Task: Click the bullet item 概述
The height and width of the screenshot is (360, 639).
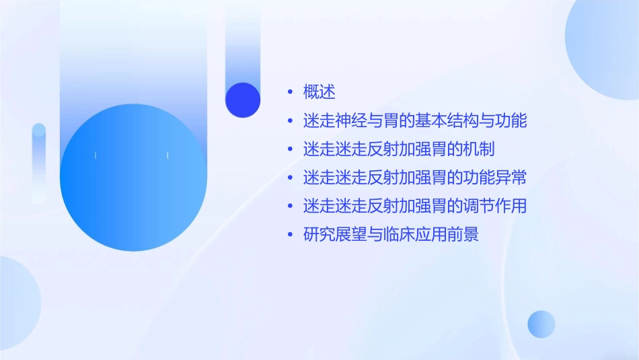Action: pyautogui.click(x=319, y=92)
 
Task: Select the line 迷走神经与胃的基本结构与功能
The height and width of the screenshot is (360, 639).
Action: pyautogui.click(x=414, y=121)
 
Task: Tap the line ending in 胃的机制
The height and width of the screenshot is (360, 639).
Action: pyautogui.click(x=399, y=149)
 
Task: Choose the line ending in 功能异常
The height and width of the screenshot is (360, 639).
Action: pyautogui.click(x=414, y=178)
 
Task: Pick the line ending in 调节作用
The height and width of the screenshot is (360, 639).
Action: pyautogui.click(x=414, y=206)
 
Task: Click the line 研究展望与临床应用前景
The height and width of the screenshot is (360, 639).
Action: pyautogui.click(x=391, y=235)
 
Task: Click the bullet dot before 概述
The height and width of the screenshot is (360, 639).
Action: pyautogui.click(x=290, y=92)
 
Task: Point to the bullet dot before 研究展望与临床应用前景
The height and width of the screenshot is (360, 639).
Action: pyautogui.click(x=290, y=235)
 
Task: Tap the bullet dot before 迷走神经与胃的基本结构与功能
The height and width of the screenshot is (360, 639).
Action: pyautogui.click(x=290, y=121)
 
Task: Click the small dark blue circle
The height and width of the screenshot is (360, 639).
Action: pyautogui.click(x=243, y=100)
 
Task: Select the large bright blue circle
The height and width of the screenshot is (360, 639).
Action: pyautogui.click(x=133, y=178)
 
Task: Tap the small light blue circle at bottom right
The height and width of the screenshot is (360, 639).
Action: pyautogui.click(x=541, y=324)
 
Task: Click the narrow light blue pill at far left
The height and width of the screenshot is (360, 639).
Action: pyautogui.click(x=39, y=161)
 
